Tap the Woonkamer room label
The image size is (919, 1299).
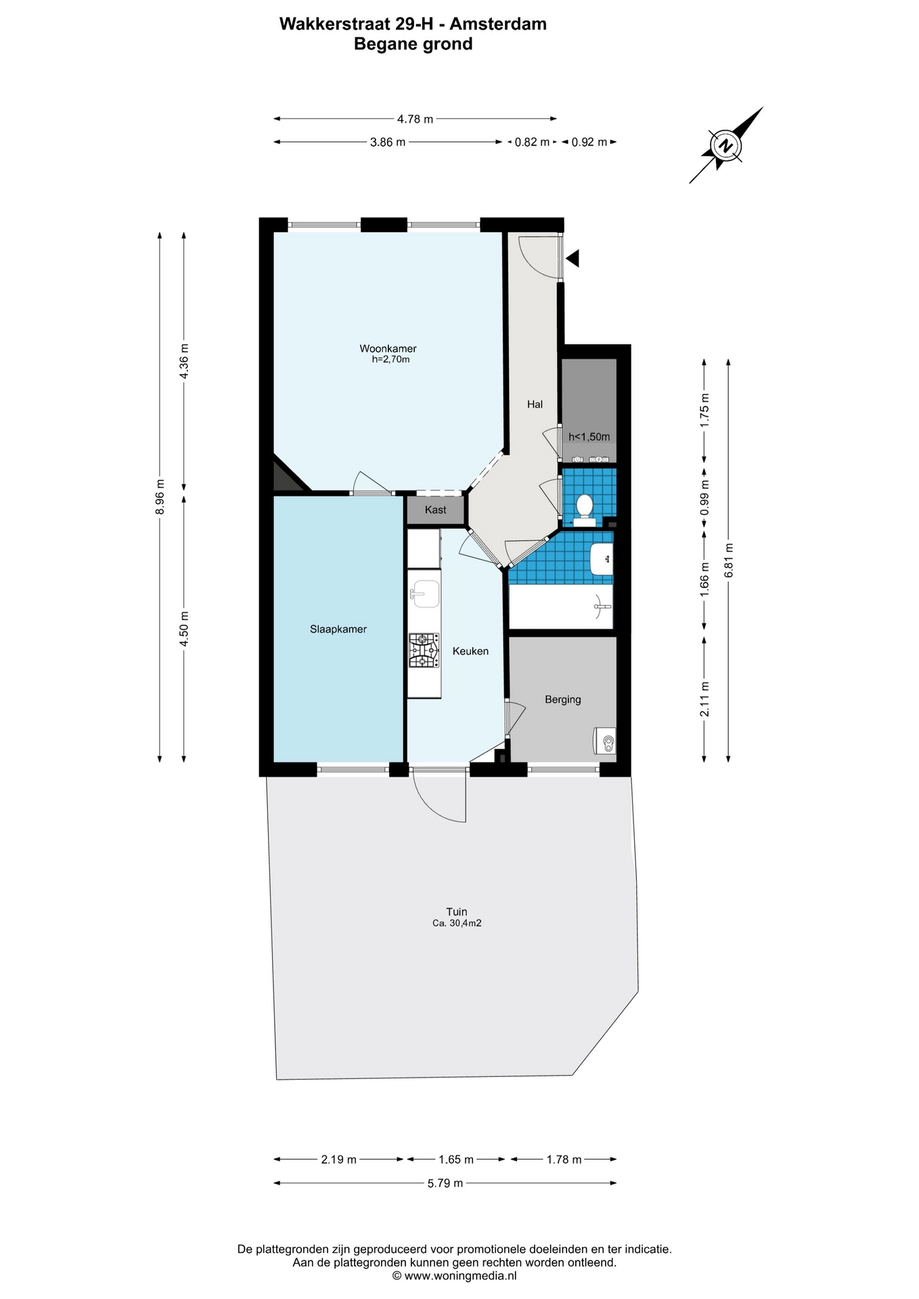tap(388, 349)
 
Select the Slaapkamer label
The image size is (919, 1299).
tap(338, 629)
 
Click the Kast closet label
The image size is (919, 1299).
tap(436, 510)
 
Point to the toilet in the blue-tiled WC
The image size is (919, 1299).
tap(584, 505)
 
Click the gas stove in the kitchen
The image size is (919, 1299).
tap(424, 651)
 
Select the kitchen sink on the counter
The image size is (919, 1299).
tap(424, 593)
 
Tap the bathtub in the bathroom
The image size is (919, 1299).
tap(560, 607)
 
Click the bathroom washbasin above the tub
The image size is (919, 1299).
tap(601, 559)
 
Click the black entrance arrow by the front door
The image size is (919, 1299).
tap(573, 258)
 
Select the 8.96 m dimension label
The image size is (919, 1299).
tap(160, 497)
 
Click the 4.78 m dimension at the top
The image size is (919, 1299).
tap(415, 119)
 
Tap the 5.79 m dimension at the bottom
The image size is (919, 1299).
tap(445, 1183)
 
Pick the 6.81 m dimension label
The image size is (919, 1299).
tap(728, 560)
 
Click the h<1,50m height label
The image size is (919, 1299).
tap(589, 437)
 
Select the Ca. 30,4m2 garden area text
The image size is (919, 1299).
tap(457, 923)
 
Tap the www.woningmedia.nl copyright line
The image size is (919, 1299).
tap(455, 1275)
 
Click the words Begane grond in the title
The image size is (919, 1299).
tap(413, 44)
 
